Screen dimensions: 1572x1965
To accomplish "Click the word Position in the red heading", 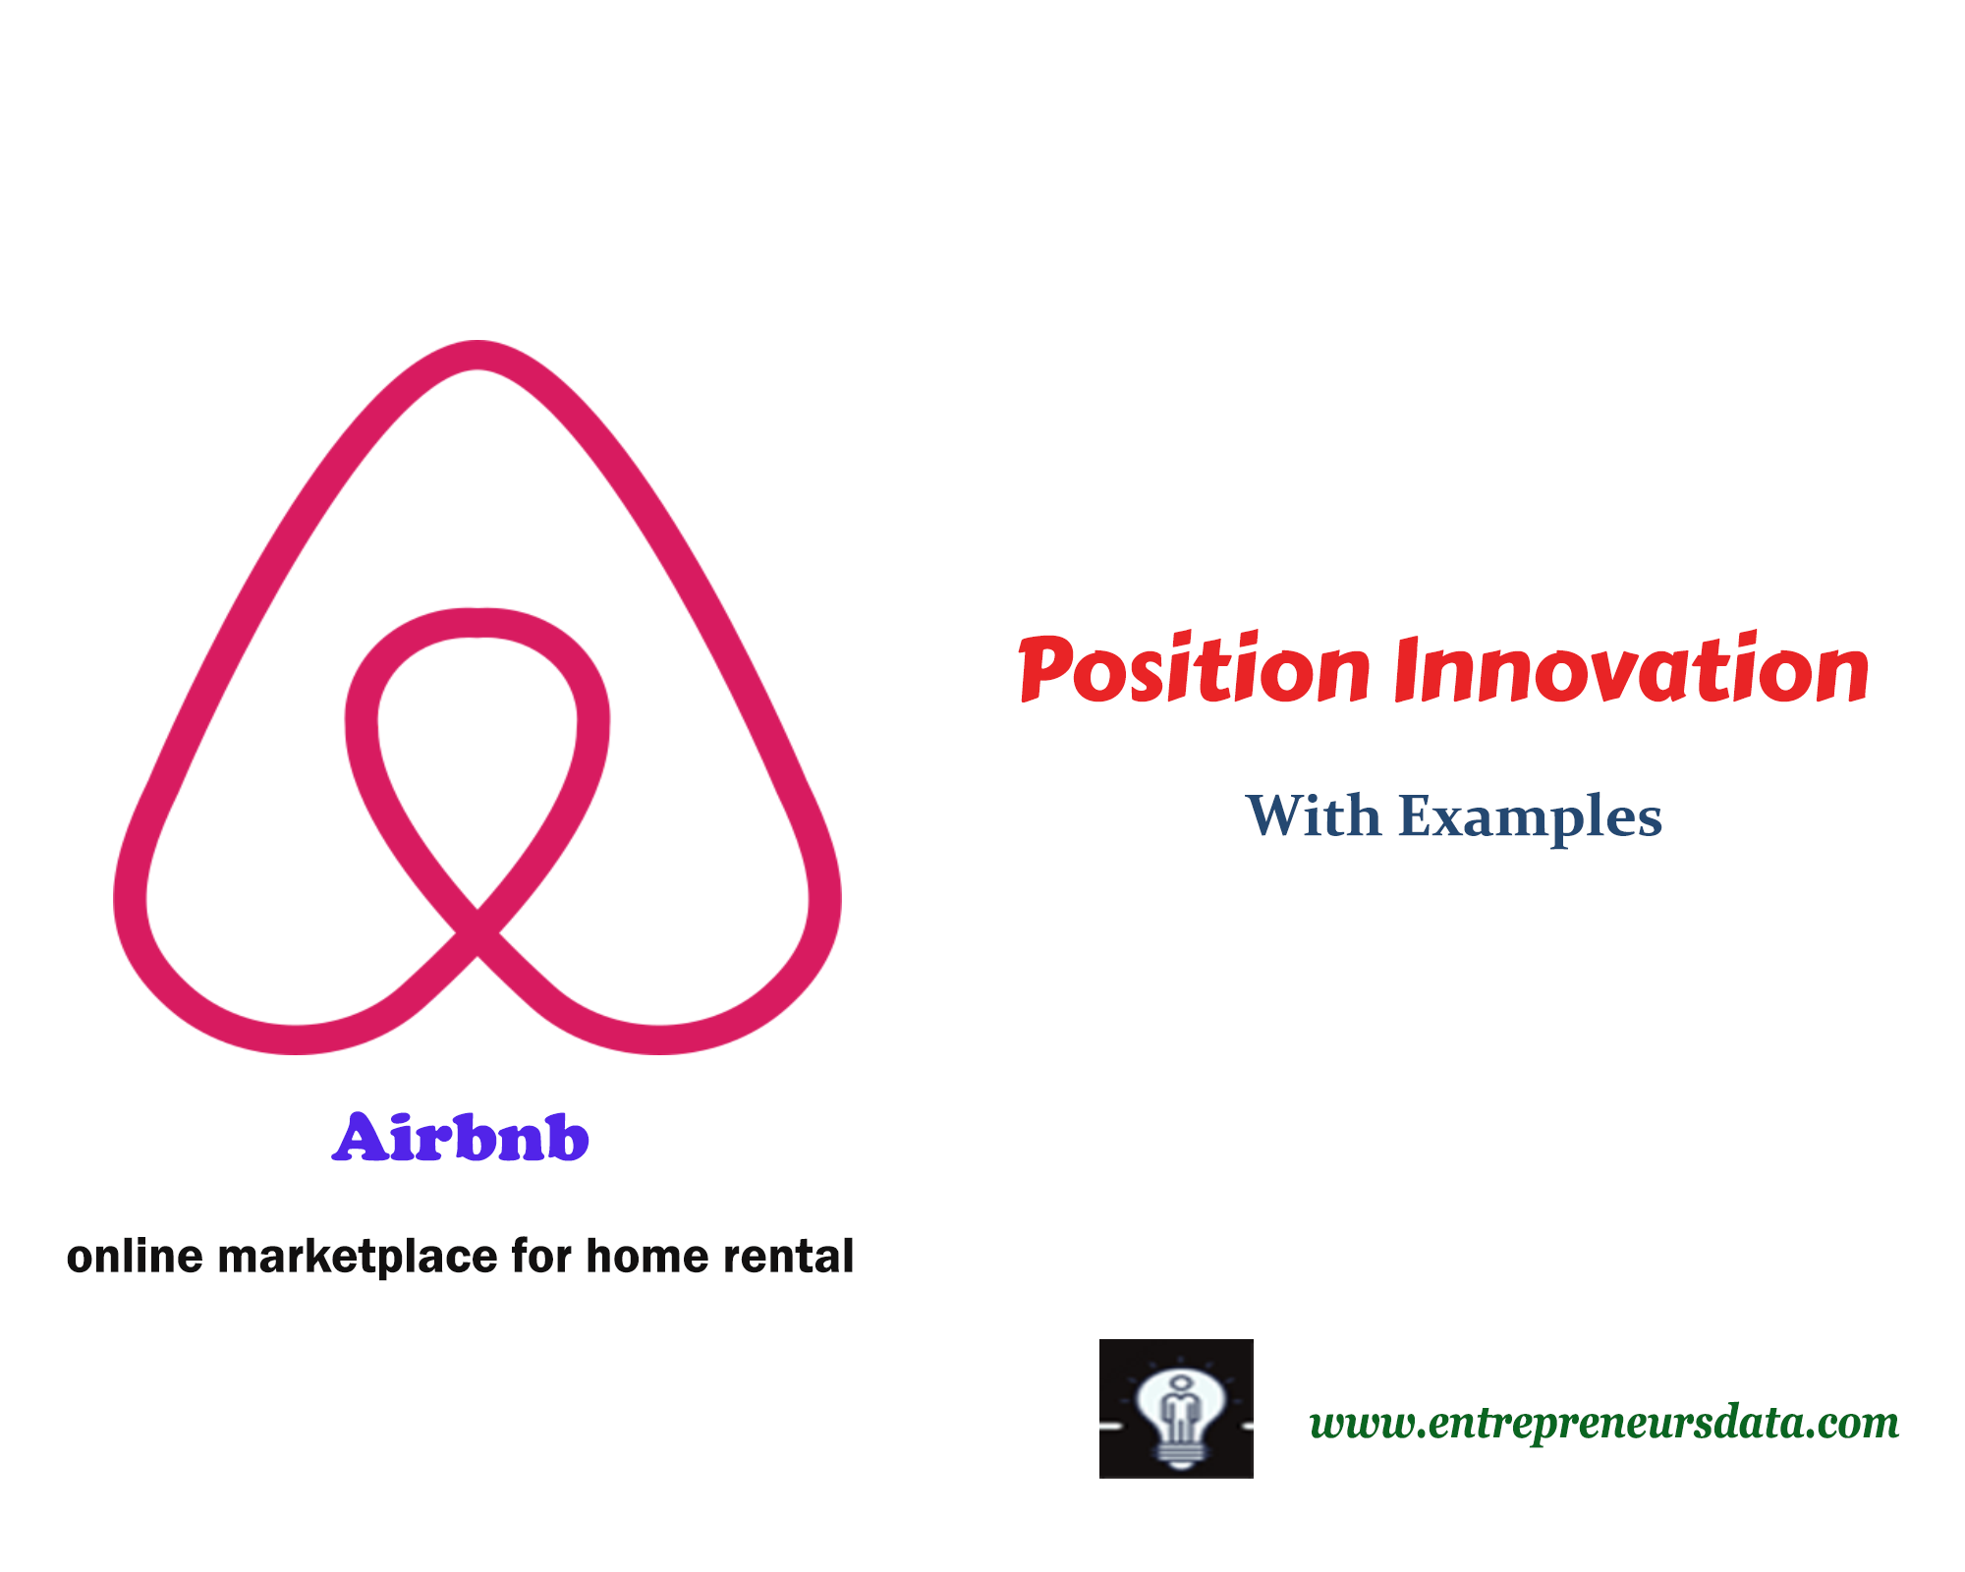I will click(1195, 671).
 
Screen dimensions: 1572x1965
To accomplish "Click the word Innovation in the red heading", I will click(1631, 671).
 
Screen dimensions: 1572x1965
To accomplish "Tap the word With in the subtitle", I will click(1313, 816).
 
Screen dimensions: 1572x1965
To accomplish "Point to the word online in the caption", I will click(135, 1256).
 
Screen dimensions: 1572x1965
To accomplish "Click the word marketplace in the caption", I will click(358, 1257).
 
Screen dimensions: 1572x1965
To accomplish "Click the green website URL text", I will click(1603, 1422).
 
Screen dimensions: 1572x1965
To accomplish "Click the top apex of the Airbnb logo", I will click(477, 356).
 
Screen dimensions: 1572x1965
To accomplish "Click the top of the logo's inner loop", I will click(477, 623).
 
